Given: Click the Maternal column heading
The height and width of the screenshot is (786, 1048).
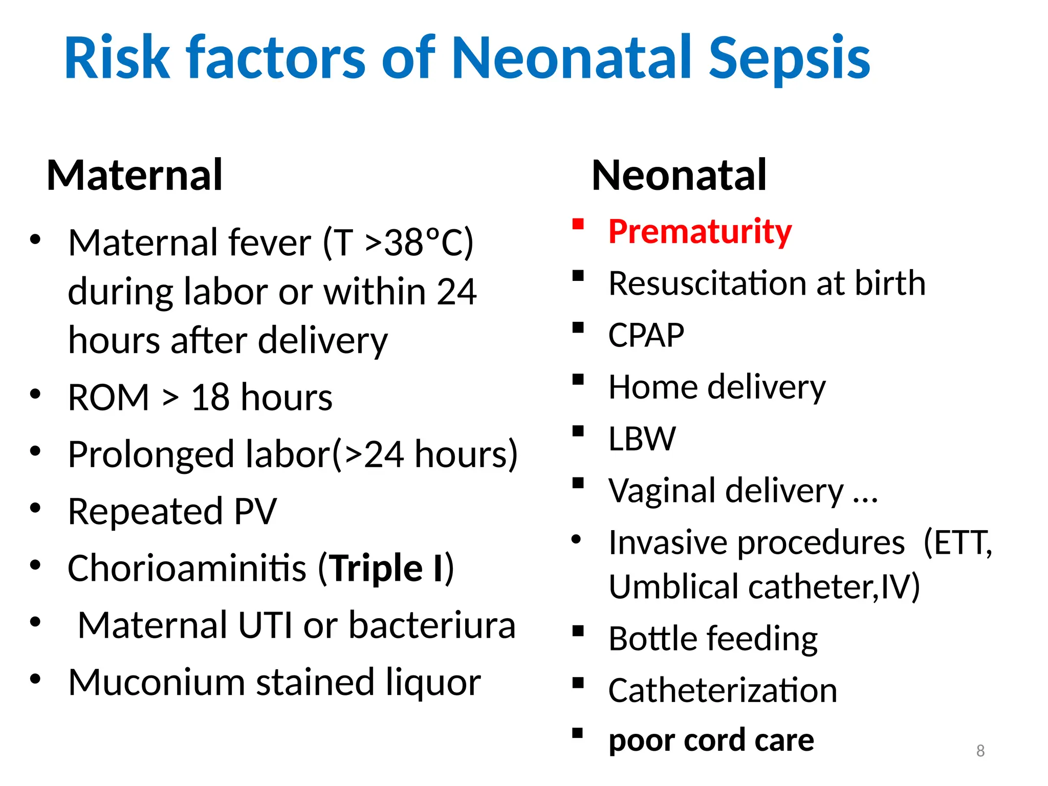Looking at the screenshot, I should pos(135,176).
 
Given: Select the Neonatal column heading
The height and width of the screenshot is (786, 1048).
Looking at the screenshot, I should pos(679,176).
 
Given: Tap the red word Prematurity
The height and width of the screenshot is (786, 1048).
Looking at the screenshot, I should pos(700,232).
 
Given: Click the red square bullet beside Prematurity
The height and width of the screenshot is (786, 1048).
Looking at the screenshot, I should pos(578,225).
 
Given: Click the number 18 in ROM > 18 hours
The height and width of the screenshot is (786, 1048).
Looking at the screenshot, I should pos(210,398).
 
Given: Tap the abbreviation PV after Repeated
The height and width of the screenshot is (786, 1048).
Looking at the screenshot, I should pos(255,511).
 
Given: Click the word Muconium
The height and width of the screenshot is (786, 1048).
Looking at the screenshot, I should pos(157,683).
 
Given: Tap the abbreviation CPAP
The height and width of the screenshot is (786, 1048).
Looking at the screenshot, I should pos(646,336).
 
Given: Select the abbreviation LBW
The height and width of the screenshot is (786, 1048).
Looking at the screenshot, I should pos(642,439).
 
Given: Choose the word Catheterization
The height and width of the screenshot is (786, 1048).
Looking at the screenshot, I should pos(723,691).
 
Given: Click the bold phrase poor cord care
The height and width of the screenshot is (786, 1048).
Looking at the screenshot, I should pos(711,740).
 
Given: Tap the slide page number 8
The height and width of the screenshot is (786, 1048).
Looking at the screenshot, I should pos(980,751).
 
